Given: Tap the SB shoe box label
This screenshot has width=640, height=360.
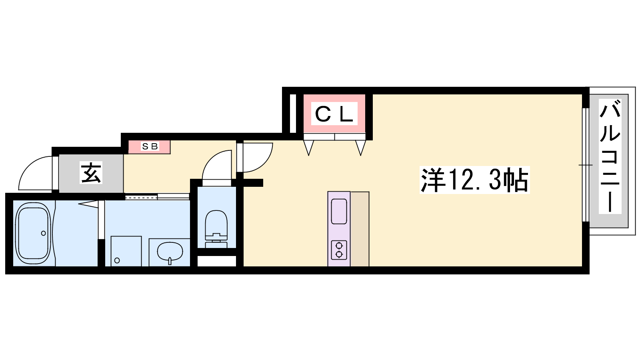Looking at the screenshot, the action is point(150,146).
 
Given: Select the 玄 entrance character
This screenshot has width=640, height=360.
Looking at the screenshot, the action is point(91,173).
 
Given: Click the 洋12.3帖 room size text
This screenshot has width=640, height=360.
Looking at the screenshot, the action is point(474,180).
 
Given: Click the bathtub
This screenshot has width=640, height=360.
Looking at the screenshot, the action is point(33,233).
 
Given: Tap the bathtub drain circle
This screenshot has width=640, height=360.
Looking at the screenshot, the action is point(44,233).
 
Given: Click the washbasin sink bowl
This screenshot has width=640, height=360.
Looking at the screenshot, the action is point(170,252).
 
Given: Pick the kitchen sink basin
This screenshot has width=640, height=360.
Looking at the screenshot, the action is point(339,211).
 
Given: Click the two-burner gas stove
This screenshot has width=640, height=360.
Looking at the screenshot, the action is point(339,250).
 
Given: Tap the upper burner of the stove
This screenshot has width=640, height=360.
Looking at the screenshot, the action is point(339,246).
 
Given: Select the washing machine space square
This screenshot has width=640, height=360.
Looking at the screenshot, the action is point(126,251).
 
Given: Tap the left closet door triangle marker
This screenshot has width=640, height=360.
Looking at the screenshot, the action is point(308,148).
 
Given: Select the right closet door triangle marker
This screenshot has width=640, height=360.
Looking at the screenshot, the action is point(360,148).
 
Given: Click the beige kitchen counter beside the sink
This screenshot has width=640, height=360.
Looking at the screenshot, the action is point(360,229).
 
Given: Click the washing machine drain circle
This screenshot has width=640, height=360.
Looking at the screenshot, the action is point(117,260).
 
